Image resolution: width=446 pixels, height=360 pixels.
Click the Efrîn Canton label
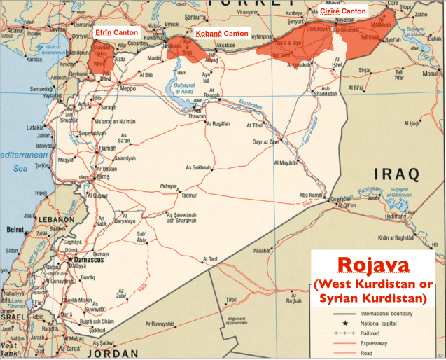pyautogui.click(x=116, y=32)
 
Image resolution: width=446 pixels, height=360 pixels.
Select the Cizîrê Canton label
pyautogui.click(x=343, y=11)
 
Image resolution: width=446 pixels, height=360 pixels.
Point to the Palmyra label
pyautogui.click(x=169, y=186)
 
